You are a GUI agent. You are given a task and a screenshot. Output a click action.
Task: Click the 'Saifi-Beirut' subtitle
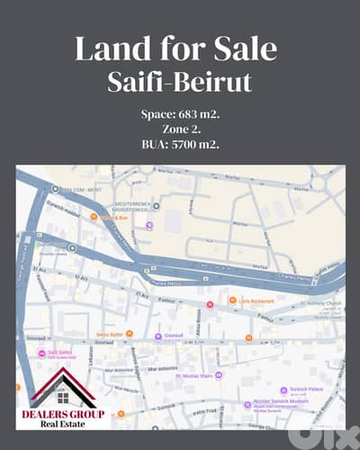pyautogui.click(x=180, y=82)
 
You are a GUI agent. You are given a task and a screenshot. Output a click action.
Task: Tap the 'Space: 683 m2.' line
pyautogui.click(x=180, y=114)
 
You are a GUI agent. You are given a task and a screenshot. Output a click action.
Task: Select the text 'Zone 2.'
pyautogui.click(x=180, y=130)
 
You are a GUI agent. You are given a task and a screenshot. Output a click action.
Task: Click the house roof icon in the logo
pyautogui.click(x=65, y=384)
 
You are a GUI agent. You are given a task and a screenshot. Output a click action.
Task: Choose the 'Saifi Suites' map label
pyautogui.click(x=59, y=353)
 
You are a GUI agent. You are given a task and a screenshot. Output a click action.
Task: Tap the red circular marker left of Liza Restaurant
pyautogui.click(x=210, y=305)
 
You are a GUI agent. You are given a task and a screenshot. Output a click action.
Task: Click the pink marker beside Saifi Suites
pyautogui.click(x=40, y=353)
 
